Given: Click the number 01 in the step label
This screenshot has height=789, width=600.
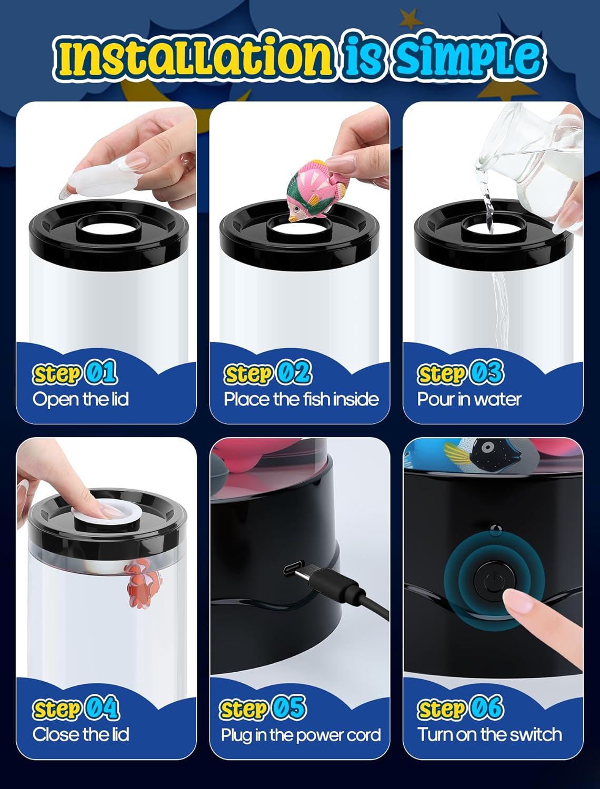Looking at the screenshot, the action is [x=101, y=372].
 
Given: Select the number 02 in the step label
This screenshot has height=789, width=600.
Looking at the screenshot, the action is [x=294, y=372].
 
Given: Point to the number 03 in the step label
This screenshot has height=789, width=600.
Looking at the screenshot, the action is [x=487, y=372].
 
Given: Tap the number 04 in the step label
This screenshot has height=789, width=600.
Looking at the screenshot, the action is [x=102, y=707].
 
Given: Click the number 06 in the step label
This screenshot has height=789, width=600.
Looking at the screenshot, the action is [x=487, y=707].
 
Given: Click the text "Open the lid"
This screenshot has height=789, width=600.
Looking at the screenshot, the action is [x=81, y=399].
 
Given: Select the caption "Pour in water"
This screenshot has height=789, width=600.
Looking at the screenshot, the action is [x=469, y=399].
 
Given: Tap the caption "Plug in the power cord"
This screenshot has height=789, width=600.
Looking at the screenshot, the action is [x=301, y=735].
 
